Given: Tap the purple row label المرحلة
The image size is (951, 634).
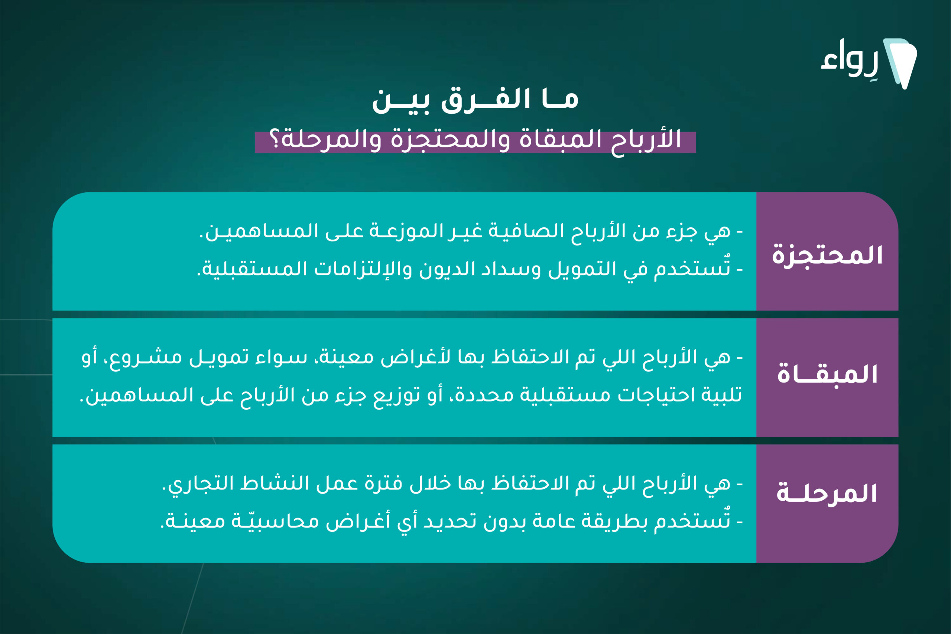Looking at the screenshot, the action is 827,493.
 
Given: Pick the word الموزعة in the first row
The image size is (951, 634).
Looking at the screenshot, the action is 409,231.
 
